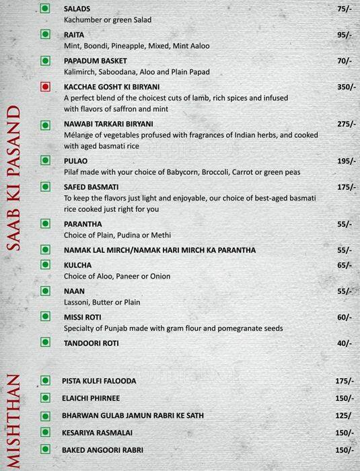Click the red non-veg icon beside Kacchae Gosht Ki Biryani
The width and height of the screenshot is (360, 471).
tap(45, 87)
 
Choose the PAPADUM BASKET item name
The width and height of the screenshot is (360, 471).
tap(95, 61)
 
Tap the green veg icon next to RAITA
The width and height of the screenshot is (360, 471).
tap(45, 33)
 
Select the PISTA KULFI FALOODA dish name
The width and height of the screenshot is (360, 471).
tap(98, 381)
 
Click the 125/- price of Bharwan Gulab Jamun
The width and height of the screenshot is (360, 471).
tap(345, 415)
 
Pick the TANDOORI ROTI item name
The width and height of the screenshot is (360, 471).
tap(91, 342)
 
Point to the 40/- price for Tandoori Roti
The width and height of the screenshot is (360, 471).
tap(345, 342)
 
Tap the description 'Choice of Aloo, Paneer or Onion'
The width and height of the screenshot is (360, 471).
tap(117, 276)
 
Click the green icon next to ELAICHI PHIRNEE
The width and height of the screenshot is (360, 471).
tap(45, 398)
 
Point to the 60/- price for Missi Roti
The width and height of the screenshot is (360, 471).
tap(345, 317)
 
